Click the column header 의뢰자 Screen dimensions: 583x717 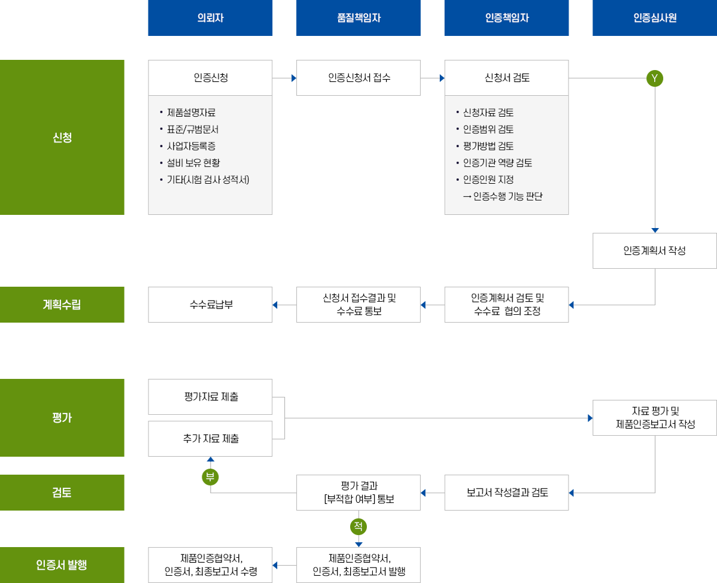(210, 18)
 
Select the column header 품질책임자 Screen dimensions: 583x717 (359, 18)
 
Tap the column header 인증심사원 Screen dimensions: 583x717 (655, 18)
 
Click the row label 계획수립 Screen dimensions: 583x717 (62, 305)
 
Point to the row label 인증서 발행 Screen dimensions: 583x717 (62, 564)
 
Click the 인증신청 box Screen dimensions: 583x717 (210, 78)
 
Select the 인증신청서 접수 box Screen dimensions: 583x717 (359, 78)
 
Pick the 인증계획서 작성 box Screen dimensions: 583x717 (655, 251)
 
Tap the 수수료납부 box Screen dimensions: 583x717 (210, 305)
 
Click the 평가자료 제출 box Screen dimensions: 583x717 (210, 397)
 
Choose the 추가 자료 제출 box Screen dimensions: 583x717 (210, 439)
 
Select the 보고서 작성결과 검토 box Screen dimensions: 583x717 (506, 493)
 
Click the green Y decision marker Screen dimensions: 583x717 (655, 78)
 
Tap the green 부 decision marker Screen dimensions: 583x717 (209, 477)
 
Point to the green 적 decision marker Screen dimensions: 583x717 (358, 527)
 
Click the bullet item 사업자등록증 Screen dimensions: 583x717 (192, 145)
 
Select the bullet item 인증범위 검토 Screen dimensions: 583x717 (488, 129)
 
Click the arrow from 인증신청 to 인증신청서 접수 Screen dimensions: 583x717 (292, 78)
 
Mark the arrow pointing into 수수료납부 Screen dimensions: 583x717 (277, 305)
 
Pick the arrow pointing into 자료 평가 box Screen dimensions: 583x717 (589, 418)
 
